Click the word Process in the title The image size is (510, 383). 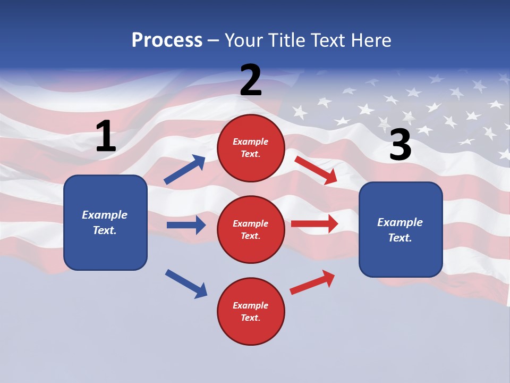(167, 40)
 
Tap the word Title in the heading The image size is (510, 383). (288, 40)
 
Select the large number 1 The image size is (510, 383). (106, 137)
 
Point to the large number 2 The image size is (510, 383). (251, 80)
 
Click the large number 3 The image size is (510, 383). (400, 145)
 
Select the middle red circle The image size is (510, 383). (251, 229)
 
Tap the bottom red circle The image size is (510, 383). (251, 311)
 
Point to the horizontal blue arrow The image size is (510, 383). (186, 225)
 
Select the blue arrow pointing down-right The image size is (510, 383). (186, 284)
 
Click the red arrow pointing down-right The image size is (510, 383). (316, 170)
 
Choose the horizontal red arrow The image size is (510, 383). (314, 224)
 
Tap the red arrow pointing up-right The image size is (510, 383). (312, 282)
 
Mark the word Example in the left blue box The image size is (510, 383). (105, 215)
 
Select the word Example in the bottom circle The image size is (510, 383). (251, 305)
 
